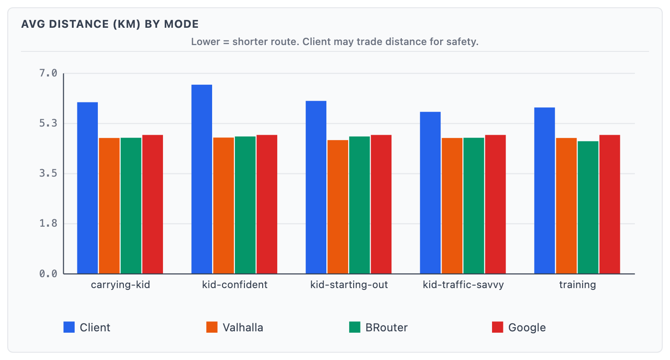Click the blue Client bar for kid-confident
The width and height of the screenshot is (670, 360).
tap(202, 179)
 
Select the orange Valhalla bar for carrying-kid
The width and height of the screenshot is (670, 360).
tap(109, 206)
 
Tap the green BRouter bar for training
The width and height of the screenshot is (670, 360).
tap(588, 208)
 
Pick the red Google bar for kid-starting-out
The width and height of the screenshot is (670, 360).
tap(381, 204)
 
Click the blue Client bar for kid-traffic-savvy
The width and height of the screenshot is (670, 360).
tap(430, 193)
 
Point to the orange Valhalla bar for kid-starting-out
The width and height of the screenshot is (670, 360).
tap(338, 207)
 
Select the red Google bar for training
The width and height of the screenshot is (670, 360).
tap(609, 204)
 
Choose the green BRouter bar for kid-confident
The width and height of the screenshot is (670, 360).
tap(245, 205)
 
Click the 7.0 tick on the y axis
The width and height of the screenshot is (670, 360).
tap(48, 73)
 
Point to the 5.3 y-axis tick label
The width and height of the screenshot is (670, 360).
tap(48, 123)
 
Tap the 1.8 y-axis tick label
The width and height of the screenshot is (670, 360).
tap(48, 223)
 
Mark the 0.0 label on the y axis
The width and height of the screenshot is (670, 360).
tap(48, 274)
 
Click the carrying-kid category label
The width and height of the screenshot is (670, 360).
tap(120, 285)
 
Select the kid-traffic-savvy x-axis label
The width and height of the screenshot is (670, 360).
tap(463, 285)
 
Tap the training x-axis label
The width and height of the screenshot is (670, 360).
tap(577, 285)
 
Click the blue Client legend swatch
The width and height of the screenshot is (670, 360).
tap(69, 327)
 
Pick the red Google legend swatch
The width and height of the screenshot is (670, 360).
tap(497, 327)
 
